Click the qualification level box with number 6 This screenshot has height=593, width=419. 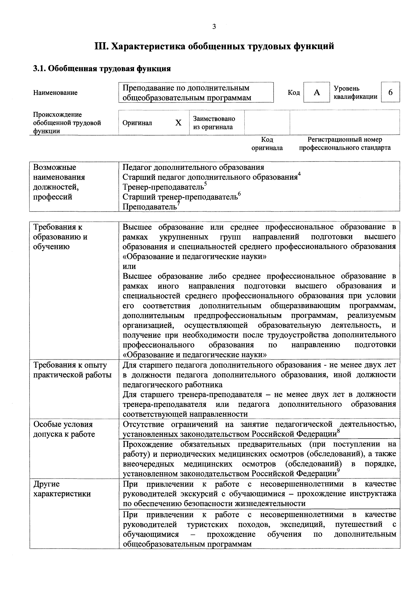click(x=390, y=92)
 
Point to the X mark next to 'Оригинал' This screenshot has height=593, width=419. click(x=178, y=123)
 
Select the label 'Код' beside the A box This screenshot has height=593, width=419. click(x=294, y=92)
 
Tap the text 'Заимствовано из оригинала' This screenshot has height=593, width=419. click(x=214, y=123)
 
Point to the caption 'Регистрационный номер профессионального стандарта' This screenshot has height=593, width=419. click(x=345, y=144)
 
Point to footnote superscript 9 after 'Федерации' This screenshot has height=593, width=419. click(x=338, y=470)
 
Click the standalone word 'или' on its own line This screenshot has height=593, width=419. click(x=129, y=266)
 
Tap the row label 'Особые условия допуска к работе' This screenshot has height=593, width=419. click(x=64, y=429)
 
